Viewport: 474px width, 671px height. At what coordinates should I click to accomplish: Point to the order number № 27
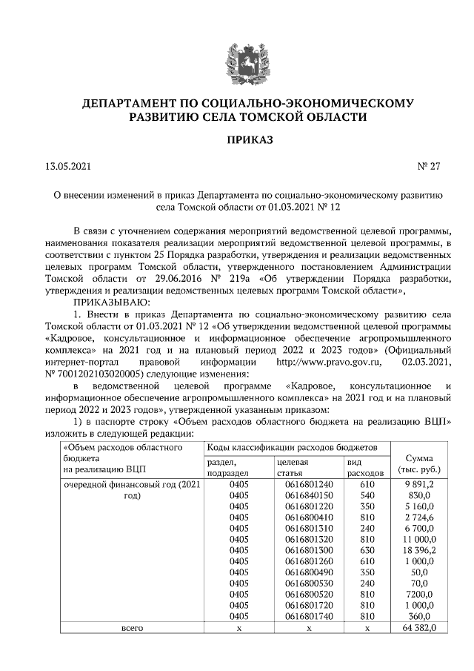point(429,167)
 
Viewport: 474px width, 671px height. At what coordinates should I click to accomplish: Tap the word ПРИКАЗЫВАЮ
point(110,303)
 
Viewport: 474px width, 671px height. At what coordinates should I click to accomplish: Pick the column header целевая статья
point(308,466)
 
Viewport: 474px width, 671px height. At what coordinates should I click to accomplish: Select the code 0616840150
point(309,495)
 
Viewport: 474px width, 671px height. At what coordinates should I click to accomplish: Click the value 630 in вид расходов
point(367,550)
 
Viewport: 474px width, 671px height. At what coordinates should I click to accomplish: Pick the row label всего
point(132,628)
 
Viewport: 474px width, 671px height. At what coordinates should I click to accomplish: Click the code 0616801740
point(309,616)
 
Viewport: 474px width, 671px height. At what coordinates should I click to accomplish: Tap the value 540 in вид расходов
point(367,495)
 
